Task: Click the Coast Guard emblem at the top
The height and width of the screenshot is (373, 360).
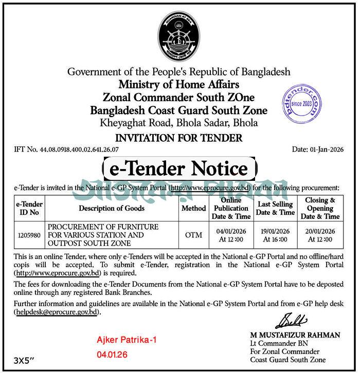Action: [178, 35]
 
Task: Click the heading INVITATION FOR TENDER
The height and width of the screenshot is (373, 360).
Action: [178, 138]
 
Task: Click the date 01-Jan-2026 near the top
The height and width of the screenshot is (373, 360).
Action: [316, 150]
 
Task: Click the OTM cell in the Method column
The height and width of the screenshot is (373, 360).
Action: [193, 235]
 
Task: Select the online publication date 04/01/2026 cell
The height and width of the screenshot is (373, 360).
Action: [230, 235]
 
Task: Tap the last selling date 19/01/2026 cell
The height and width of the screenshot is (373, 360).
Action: [275, 235]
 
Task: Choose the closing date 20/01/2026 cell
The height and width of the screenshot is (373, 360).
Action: [320, 235]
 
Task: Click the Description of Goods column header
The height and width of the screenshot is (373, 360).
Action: [112, 208]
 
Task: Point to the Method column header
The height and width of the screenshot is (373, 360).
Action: [193, 208]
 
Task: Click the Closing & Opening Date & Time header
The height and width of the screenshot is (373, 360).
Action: [320, 208]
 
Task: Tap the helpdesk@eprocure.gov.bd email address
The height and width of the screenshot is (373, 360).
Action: [57, 312]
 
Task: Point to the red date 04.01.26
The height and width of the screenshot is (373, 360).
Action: [112, 355]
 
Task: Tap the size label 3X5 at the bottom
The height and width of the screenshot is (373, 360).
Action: [27, 361]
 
